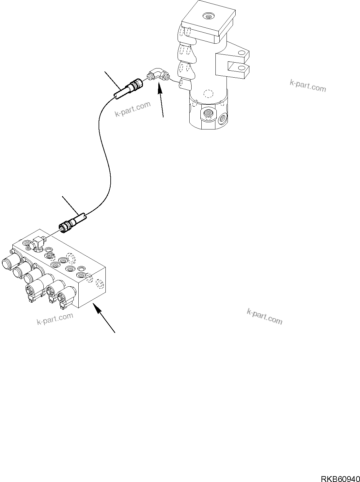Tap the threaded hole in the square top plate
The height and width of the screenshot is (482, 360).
click(x=207, y=15)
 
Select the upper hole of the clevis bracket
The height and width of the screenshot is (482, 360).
click(x=242, y=52)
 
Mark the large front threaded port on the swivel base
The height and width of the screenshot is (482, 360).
click(x=207, y=114)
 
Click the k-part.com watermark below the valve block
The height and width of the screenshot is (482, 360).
click(x=55, y=319)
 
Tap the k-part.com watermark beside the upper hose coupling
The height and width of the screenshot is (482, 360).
click(x=133, y=109)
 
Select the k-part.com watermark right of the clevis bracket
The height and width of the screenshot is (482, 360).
click(x=307, y=85)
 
